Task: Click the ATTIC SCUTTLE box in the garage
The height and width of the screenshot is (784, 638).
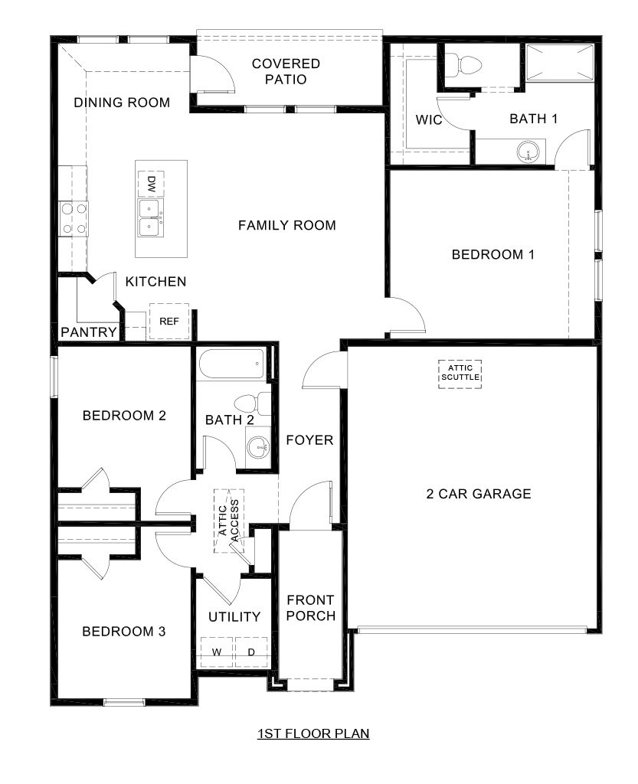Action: point(460,374)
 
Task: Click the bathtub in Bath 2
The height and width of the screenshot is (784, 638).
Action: point(231,364)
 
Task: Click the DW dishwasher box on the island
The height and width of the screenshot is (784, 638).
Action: point(151,183)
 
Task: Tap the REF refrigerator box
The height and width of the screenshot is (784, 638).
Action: point(168,322)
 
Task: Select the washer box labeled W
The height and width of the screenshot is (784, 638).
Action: point(217,652)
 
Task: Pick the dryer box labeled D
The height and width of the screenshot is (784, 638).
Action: point(251,652)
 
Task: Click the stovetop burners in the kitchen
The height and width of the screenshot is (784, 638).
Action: point(74,217)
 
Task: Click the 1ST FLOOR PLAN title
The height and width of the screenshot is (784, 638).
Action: point(313,734)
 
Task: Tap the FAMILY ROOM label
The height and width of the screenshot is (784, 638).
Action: point(286,225)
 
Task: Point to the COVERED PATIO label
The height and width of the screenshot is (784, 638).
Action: point(286,71)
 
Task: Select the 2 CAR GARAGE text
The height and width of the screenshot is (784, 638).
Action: point(478,494)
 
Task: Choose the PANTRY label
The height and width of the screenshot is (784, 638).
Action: point(88,332)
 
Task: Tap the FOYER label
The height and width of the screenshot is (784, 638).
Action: point(309,440)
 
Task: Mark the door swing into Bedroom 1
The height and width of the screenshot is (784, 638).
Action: point(404,315)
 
